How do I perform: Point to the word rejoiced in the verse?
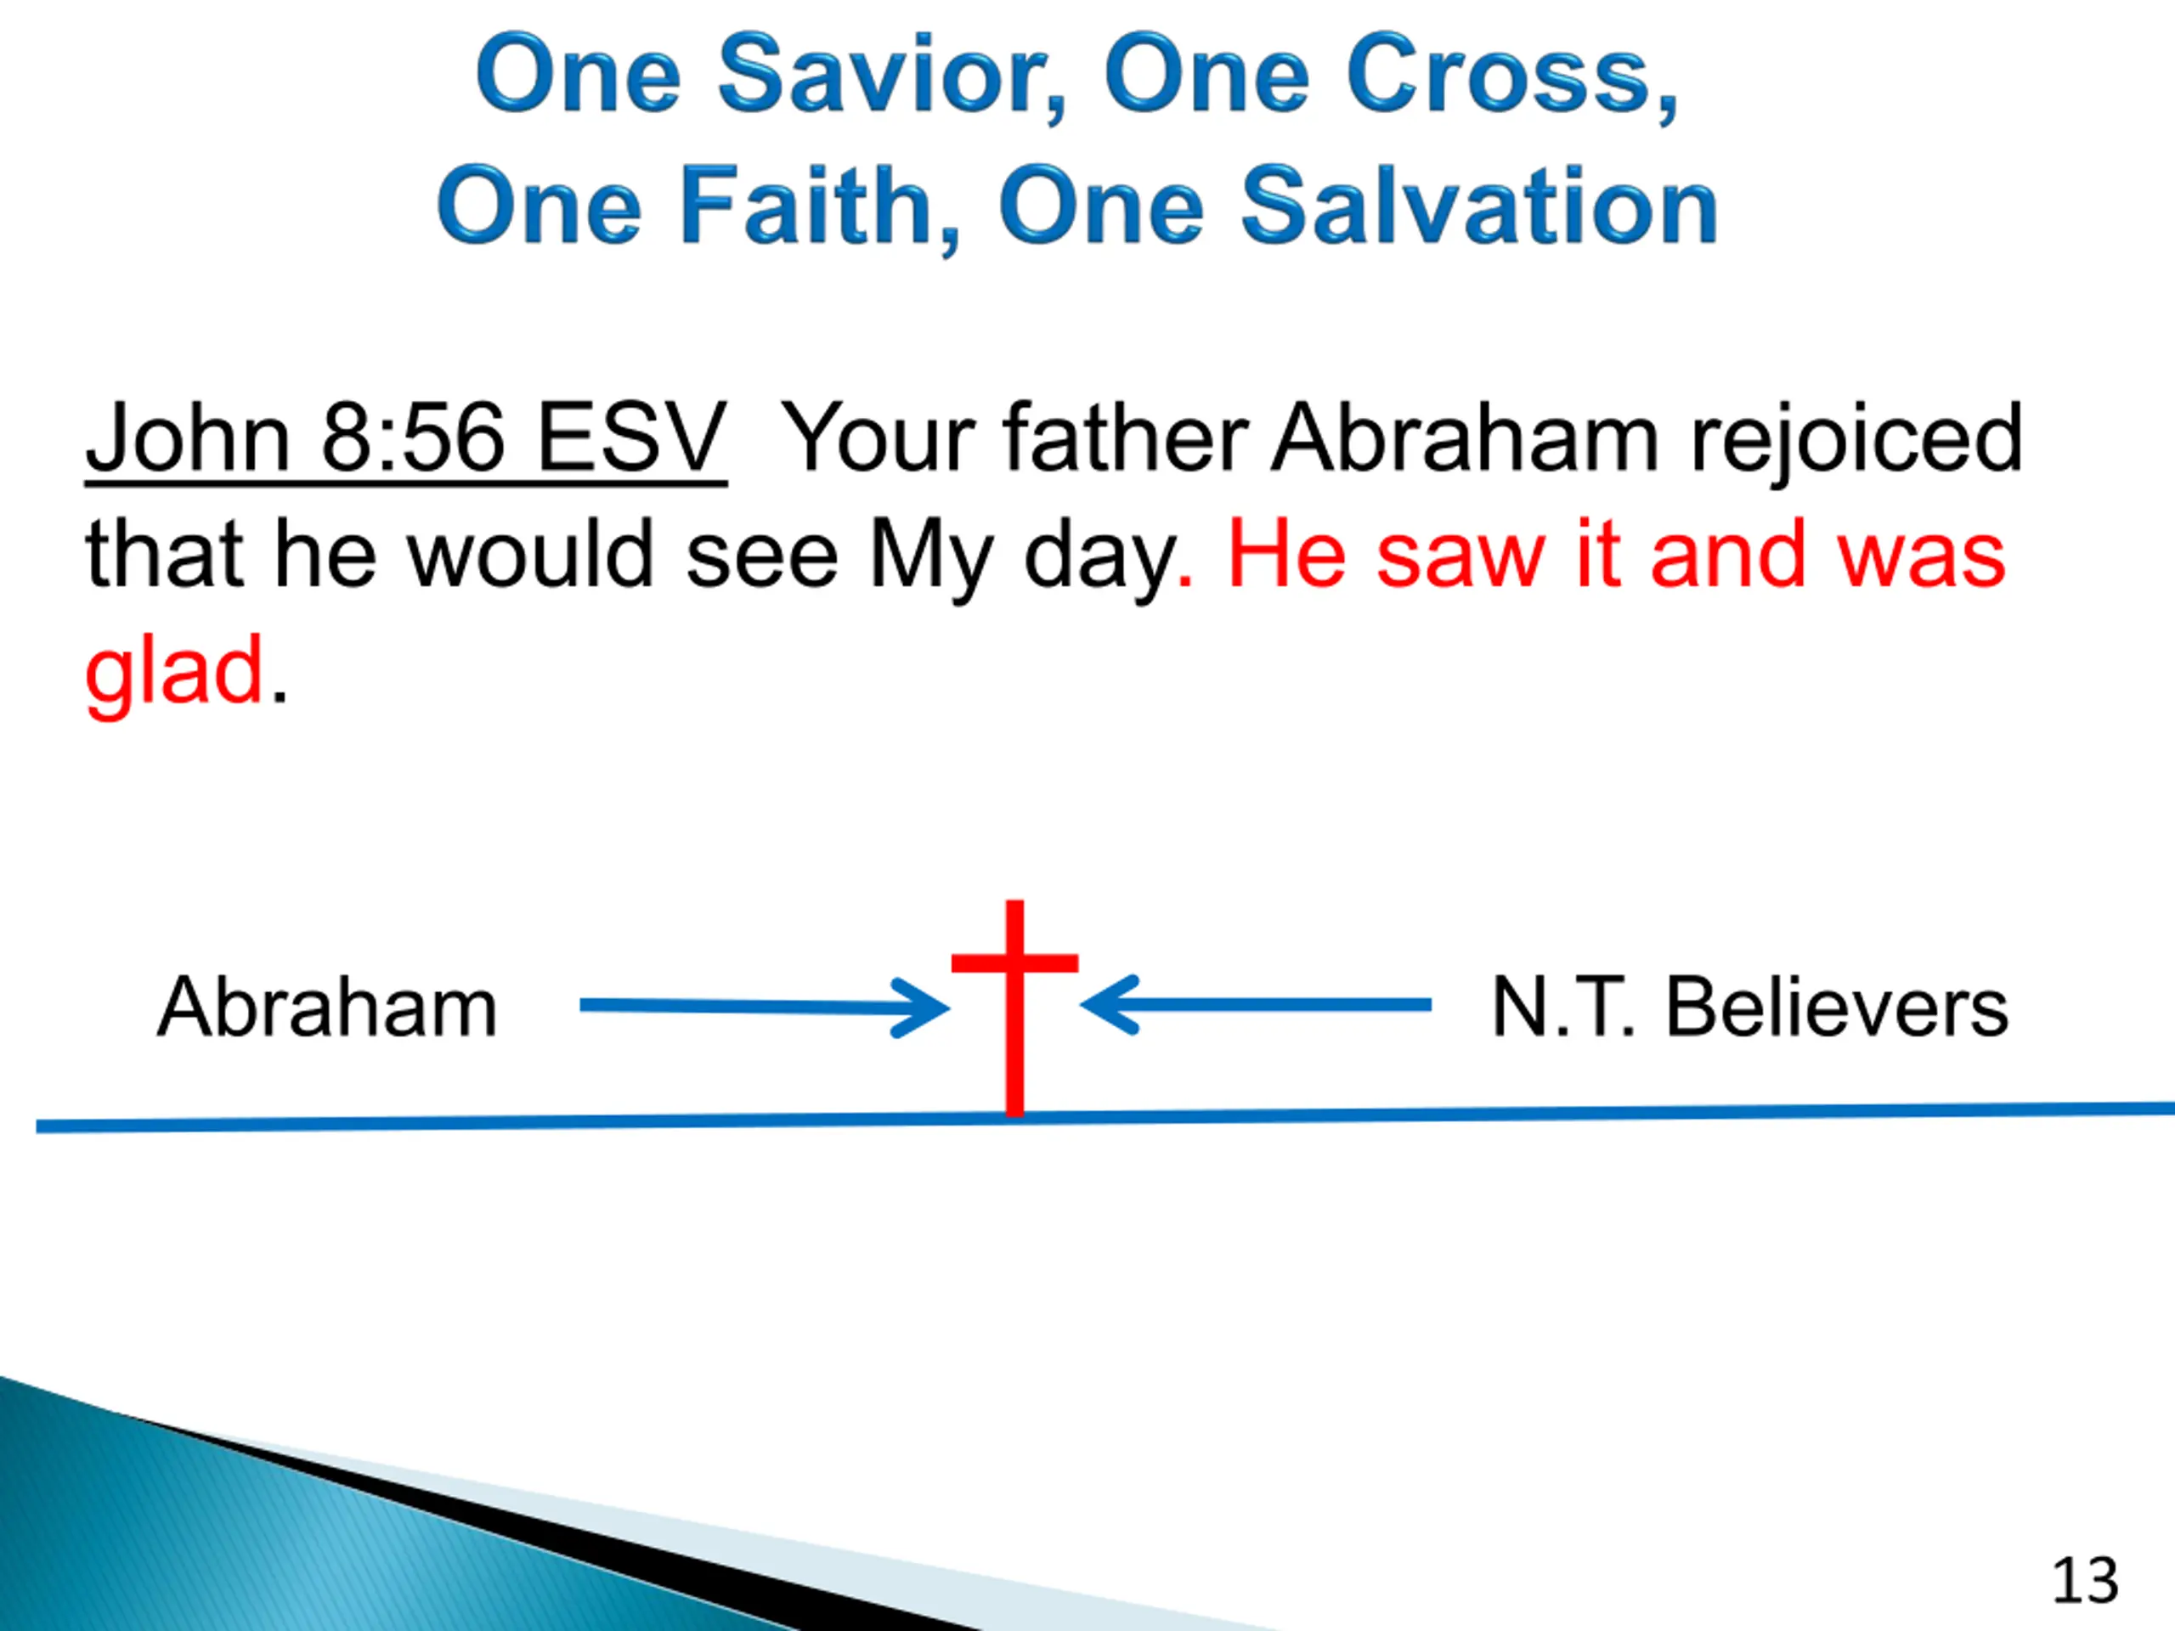(x=1856, y=439)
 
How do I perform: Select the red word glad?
(x=174, y=674)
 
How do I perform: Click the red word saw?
(x=1461, y=556)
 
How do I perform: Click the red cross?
(x=1014, y=1008)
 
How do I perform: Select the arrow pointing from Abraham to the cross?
(x=764, y=1006)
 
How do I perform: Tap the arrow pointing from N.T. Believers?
(x=1256, y=1005)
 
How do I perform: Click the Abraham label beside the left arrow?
(x=327, y=1007)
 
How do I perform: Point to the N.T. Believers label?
(x=1749, y=1007)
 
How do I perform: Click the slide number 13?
(x=2085, y=1580)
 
